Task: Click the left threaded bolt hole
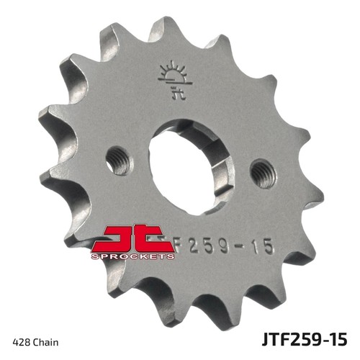118,160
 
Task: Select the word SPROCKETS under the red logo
132,256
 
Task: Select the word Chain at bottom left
45,342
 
